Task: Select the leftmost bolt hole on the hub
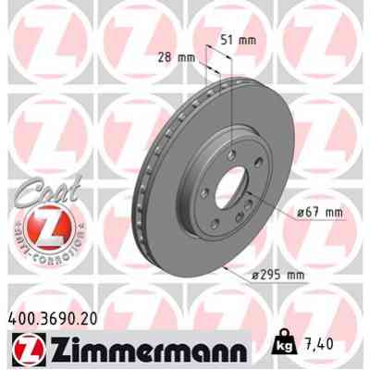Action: [190, 180]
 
